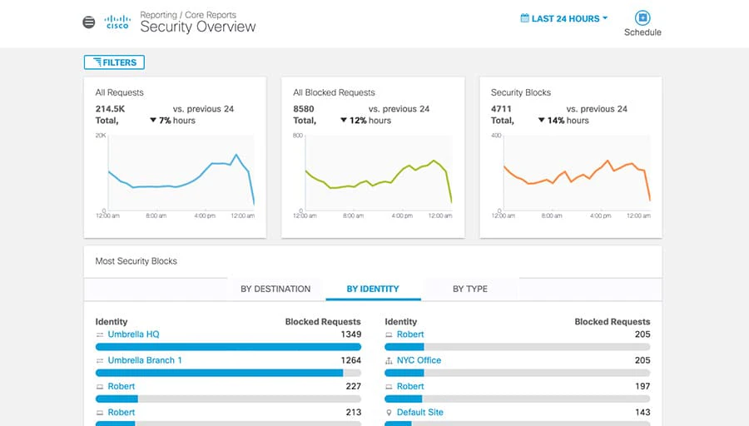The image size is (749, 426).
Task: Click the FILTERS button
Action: [x=115, y=62]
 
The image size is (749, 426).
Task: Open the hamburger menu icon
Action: [x=89, y=22]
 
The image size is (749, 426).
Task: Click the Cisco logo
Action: [x=117, y=22]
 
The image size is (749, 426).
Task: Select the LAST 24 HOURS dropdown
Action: [x=564, y=18]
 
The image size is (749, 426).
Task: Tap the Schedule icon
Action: [x=642, y=18]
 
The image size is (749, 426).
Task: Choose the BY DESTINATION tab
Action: [x=275, y=289]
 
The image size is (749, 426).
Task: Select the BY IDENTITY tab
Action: [x=373, y=289]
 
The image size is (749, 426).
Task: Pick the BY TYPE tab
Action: [x=470, y=289]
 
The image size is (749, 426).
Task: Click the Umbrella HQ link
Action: [x=133, y=334]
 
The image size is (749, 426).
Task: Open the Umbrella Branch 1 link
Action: [x=145, y=360]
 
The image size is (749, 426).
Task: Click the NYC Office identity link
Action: [x=419, y=360]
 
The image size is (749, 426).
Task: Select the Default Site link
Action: [x=420, y=412]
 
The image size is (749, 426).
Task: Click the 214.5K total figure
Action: [x=110, y=109]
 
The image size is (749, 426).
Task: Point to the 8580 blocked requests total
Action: [x=304, y=109]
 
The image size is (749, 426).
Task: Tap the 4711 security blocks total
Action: [x=502, y=109]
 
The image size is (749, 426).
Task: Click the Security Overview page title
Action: [x=198, y=27]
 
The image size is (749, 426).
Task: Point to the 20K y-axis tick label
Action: [x=101, y=135]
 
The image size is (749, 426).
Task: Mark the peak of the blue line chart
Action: [x=236, y=155]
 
